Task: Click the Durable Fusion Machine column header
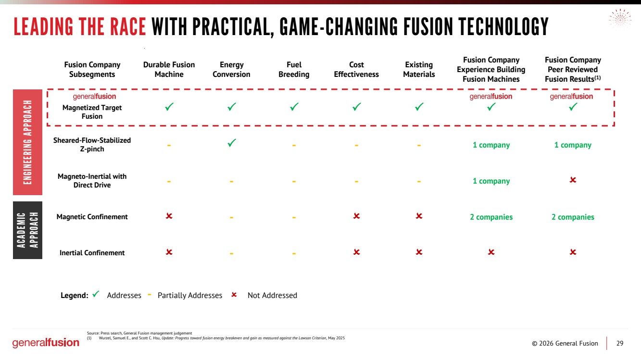(169, 70)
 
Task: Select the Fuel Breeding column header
(294, 70)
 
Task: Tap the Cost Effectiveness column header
(356, 70)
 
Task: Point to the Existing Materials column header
(419, 70)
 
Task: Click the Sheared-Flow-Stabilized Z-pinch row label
(92, 145)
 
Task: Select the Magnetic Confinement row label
(92, 217)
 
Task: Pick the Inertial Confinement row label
(92, 253)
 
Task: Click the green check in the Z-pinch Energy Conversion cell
(231, 142)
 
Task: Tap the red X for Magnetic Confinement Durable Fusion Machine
(169, 216)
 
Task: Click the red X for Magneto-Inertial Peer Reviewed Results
(573, 180)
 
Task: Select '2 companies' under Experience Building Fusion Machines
(491, 217)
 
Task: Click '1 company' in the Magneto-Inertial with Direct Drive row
(491, 181)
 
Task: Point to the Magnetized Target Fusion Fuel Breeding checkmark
(294, 107)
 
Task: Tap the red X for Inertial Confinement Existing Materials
(419, 252)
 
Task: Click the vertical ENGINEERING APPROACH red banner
(27, 142)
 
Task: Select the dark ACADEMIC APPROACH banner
(27, 230)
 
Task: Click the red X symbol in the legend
(234, 295)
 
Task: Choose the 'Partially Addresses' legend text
(190, 296)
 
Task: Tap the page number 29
(620, 343)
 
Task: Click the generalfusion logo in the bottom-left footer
(46, 343)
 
